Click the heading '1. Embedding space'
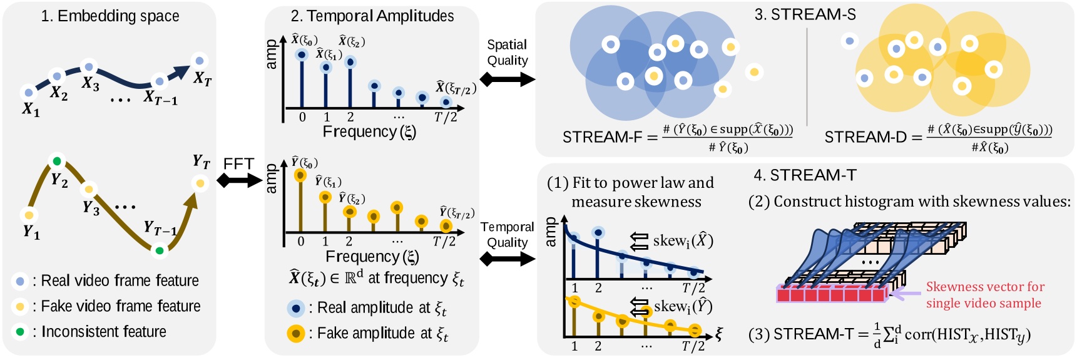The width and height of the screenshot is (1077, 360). (x=110, y=16)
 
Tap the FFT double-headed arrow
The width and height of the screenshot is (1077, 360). (x=239, y=180)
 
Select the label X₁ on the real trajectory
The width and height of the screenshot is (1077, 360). (x=31, y=110)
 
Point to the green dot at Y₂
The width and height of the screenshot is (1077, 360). (x=58, y=161)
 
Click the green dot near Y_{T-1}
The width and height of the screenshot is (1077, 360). (x=160, y=250)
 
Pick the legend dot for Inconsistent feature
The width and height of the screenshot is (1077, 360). (x=20, y=331)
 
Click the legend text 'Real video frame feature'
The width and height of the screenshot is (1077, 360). (x=120, y=280)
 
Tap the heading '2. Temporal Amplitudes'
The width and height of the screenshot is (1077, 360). (x=372, y=16)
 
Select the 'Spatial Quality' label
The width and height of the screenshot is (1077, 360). (x=507, y=53)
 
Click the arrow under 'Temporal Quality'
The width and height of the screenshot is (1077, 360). (x=507, y=259)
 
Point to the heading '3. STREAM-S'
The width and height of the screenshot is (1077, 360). (x=805, y=14)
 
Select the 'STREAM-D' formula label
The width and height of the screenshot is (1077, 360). (x=865, y=137)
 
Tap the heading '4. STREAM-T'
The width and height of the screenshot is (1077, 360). (x=805, y=175)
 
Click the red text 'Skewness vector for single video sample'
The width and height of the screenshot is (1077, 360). (x=984, y=295)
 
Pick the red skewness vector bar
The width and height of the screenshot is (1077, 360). (x=832, y=294)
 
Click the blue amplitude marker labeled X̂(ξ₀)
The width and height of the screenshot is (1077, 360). (x=302, y=55)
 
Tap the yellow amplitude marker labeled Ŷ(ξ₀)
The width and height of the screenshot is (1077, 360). (x=301, y=175)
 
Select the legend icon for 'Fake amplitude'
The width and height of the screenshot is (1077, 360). (x=296, y=333)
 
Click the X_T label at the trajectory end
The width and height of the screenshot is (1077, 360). (x=202, y=79)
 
